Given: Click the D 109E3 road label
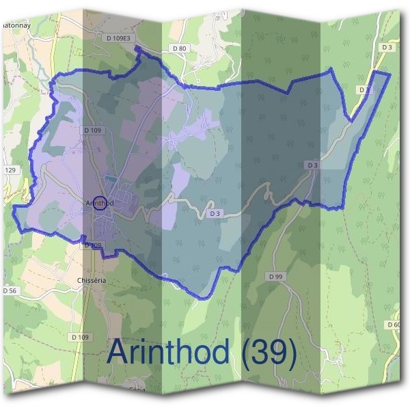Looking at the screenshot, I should click(x=119, y=39).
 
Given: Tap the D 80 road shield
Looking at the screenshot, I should click(x=180, y=49).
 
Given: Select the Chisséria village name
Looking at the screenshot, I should click(x=90, y=280).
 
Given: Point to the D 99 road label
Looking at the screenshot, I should click(x=275, y=276).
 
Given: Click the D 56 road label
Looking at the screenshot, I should click(x=10, y=290).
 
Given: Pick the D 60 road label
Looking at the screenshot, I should click(x=393, y=324).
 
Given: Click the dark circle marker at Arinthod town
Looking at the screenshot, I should click(x=100, y=204).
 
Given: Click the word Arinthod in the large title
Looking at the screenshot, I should click(x=169, y=353).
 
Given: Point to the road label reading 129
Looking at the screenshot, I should click(x=10, y=170).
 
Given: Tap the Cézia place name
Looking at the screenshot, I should click(x=137, y=389).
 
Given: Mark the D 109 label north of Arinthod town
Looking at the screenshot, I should click(x=92, y=129).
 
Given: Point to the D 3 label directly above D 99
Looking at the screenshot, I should click(x=313, y=165).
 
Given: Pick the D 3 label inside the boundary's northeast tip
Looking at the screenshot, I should click(x=364, y=90).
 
